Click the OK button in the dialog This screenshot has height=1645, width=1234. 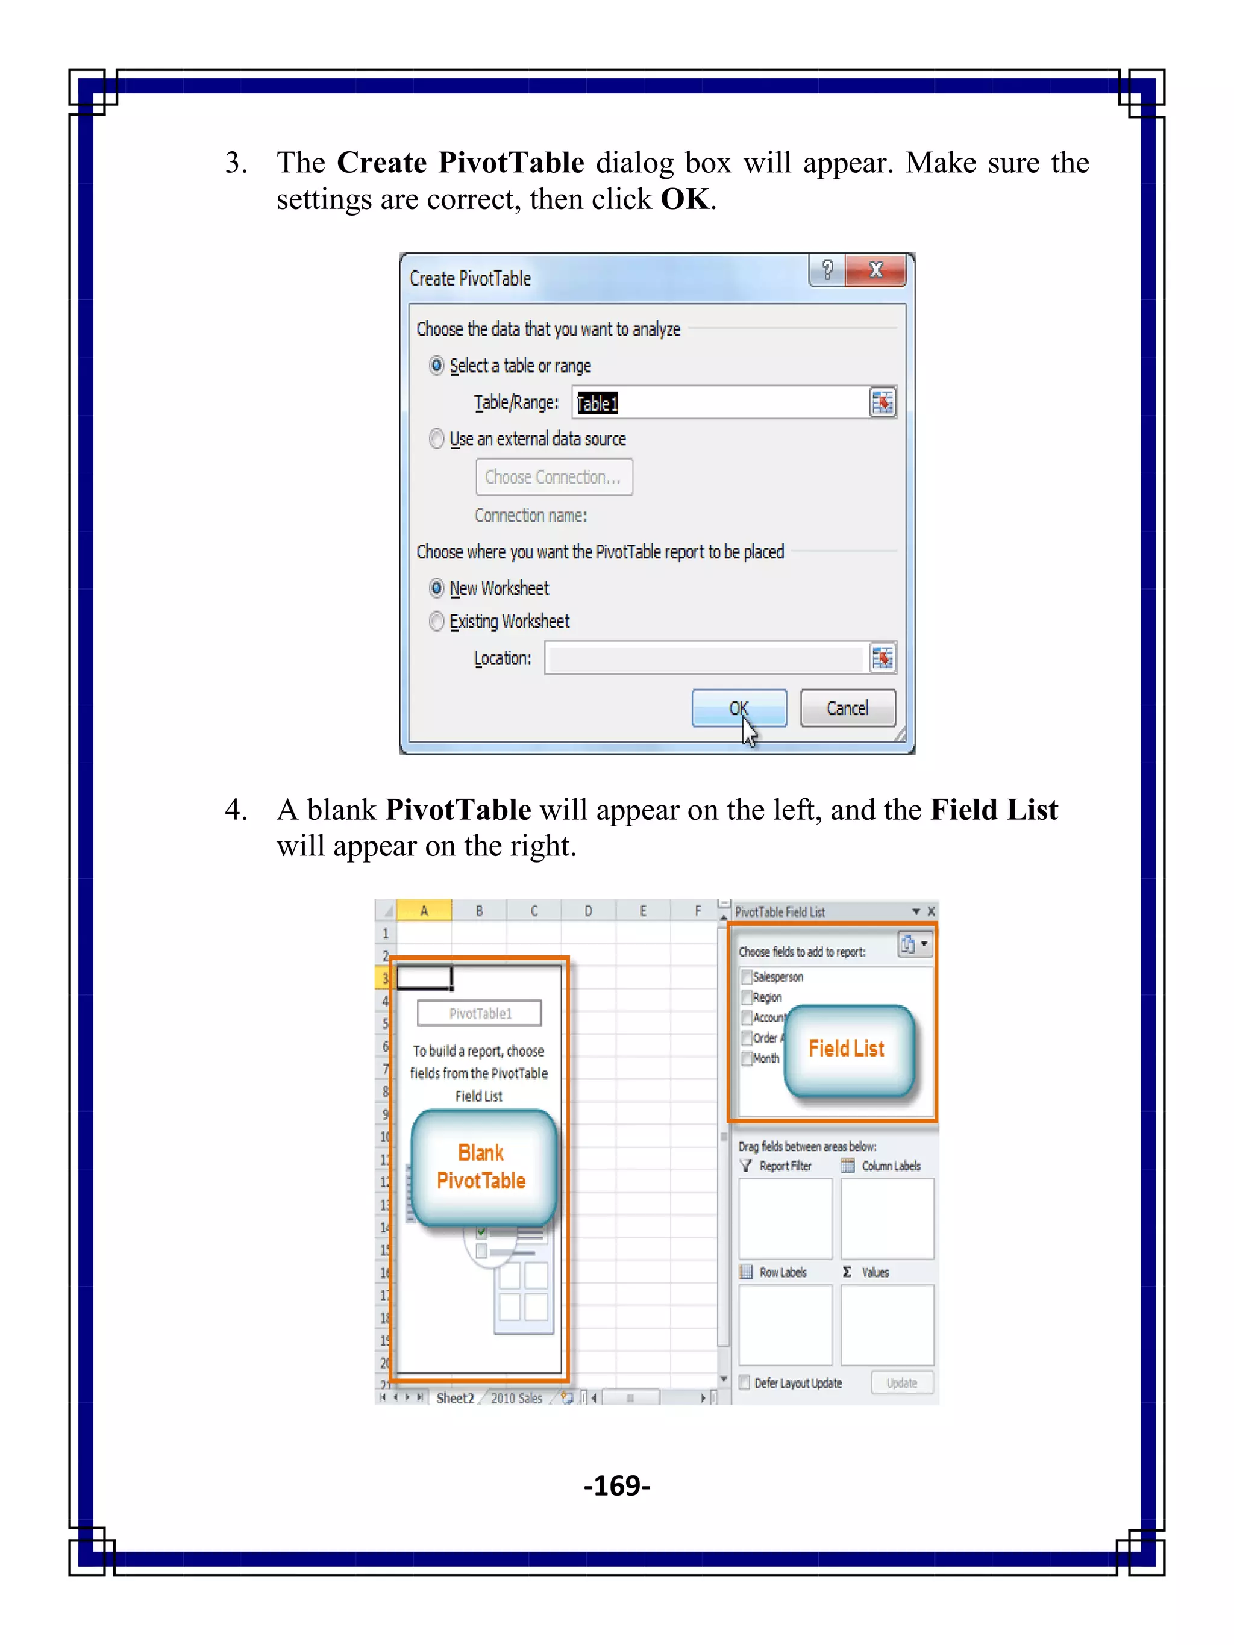pos(738,707)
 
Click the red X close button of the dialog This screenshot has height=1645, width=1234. pos(875,270)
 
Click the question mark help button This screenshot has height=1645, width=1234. pos(827,270)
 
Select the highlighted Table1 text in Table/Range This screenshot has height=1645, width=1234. pos(597,403)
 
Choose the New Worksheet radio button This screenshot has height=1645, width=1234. pos(437,588)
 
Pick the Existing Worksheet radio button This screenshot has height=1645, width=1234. pos(437,621)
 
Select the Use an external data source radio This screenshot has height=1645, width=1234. pos(437,439)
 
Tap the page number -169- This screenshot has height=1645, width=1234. pos(616,1485)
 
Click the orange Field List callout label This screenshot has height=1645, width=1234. pos(846,1049)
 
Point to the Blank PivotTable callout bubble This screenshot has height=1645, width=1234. pos(481,1166)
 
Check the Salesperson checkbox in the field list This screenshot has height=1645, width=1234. pos(746,977)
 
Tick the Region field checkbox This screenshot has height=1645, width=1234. pos(746,997)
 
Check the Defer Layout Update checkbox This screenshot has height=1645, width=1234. pos(744,1382)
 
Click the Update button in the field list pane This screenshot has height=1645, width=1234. pos(901,1382)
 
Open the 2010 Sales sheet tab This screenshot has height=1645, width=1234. pos(516,1398)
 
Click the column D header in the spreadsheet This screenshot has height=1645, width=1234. pos(587,911)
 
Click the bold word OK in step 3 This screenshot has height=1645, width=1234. pos(684,199)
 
